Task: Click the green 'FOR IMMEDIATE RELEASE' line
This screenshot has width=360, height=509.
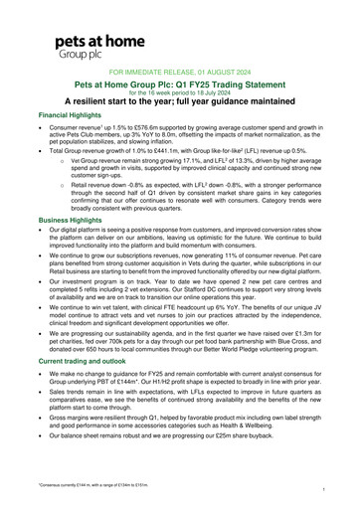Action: (180, 74)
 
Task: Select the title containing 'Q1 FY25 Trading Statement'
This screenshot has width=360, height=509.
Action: (180, 87)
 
